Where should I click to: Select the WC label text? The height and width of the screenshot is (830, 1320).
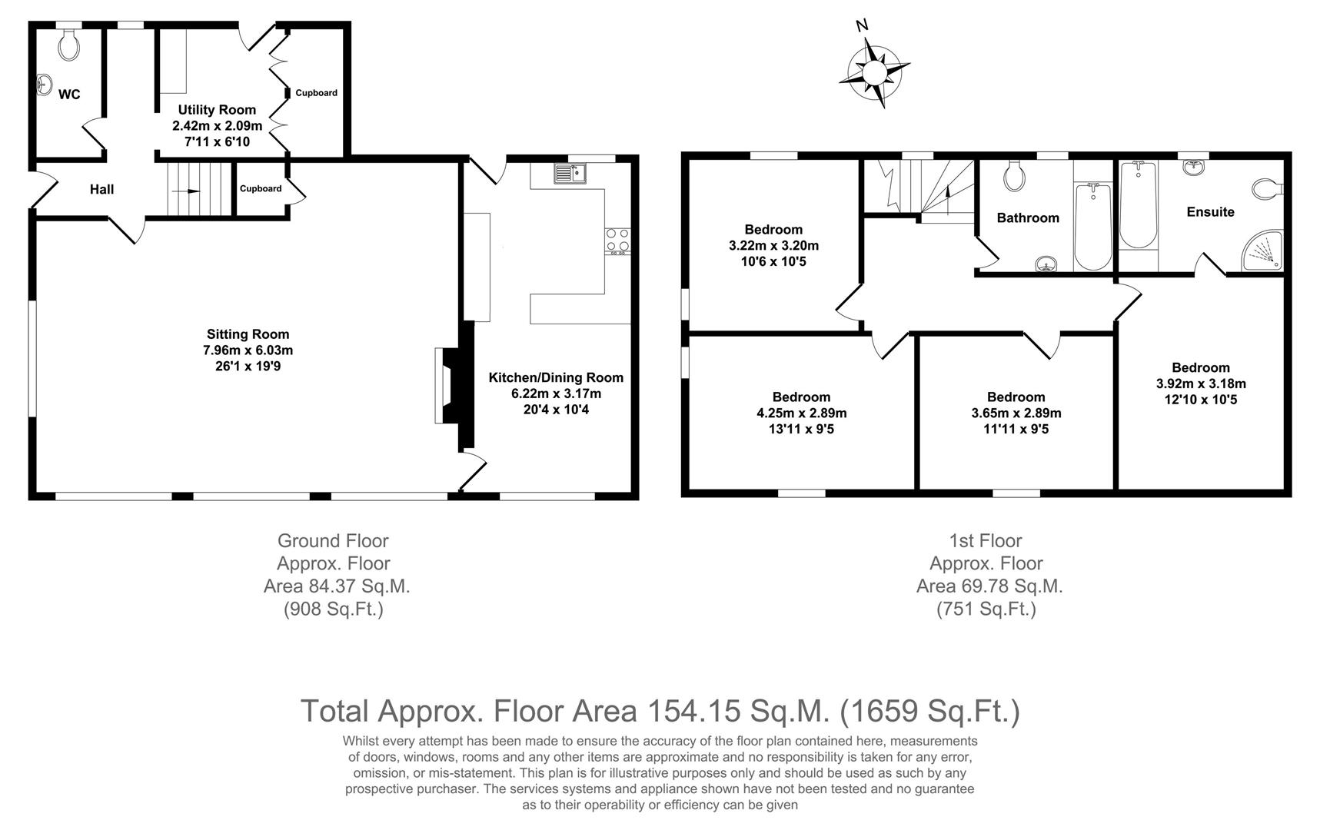(x=69, y=95)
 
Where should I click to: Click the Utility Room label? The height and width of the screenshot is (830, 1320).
(x=217, y=110)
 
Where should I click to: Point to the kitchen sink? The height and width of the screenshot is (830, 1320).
(x=570, y=174)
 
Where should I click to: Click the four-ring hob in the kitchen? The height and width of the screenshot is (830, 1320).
(x=617, y=241)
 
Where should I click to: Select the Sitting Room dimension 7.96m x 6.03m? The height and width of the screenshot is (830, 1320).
(x=248, y=350)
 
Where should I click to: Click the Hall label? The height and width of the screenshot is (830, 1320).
(x=101, y=189)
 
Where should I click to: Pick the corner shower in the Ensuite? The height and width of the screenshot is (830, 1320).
(x=1263, y=251)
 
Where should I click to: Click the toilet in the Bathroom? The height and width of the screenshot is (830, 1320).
(x=1014, y=176)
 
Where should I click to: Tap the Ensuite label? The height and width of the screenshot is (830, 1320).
(x=1210, y=212)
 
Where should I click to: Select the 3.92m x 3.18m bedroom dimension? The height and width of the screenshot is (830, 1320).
(x=1201, y=383)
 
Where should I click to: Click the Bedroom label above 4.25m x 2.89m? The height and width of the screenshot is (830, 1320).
(x=801, y=397)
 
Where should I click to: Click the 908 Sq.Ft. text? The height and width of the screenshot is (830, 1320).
(x=334, y=609)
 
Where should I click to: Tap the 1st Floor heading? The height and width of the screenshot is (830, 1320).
(x=986, y=541)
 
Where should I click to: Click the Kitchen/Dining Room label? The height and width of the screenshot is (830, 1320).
(x=556, y=377)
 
